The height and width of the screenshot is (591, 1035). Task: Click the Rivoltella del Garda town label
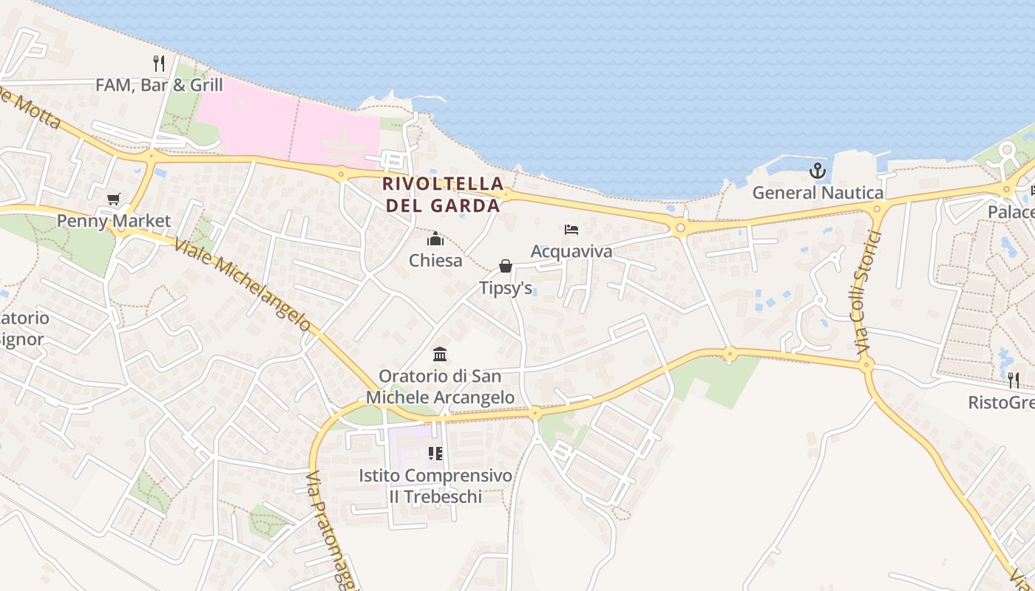(x=444, y=194)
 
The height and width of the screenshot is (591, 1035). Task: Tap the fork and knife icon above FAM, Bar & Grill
(x=158, y=64)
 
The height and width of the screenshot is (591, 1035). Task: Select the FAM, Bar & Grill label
(x=159, y=85)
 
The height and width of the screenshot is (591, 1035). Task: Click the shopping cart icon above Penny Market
(x=113, y=199)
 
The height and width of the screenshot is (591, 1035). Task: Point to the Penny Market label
(x=114, y=221)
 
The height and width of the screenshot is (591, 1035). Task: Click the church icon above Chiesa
(x=435, y=239)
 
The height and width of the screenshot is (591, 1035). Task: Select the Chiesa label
(x=435, y=261)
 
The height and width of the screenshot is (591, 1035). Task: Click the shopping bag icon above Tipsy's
(x=506, y=266)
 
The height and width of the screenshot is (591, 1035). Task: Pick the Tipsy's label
(x=506, y=288)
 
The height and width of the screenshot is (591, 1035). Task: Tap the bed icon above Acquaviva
(x=571, y=230)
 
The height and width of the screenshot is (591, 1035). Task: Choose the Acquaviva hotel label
(x=571, y=252)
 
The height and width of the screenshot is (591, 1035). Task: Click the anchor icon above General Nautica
(x=817, y=171)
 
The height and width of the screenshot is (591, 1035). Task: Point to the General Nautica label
(x=818, y=194)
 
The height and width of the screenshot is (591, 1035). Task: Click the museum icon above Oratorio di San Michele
(x=440, y=354)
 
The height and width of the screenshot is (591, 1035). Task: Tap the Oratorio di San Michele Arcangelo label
(x=440, y=386)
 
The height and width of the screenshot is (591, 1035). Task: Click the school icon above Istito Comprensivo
(x=435, y=453)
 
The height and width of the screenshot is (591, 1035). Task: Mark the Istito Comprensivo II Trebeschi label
(x=435, y=486)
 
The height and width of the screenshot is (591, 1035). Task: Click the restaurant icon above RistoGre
(x=1013, y=380)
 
